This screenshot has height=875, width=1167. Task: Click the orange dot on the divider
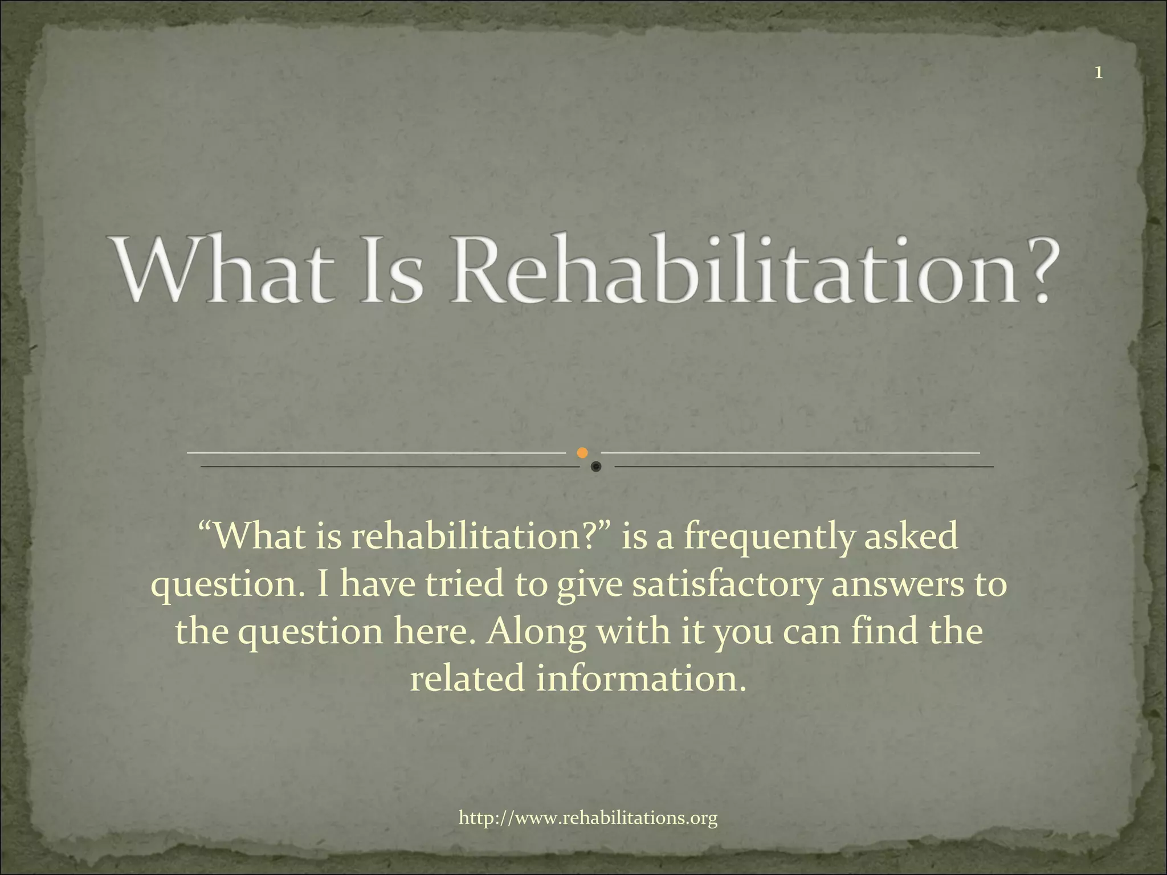(582, 453)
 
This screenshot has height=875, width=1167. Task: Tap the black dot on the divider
(596, 467)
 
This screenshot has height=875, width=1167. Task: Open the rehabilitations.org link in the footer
(588, 819)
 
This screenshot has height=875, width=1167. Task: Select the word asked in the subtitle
(911, 537)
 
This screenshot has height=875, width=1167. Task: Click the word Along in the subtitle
(535, 631)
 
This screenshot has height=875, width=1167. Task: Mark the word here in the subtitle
(433, 631)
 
